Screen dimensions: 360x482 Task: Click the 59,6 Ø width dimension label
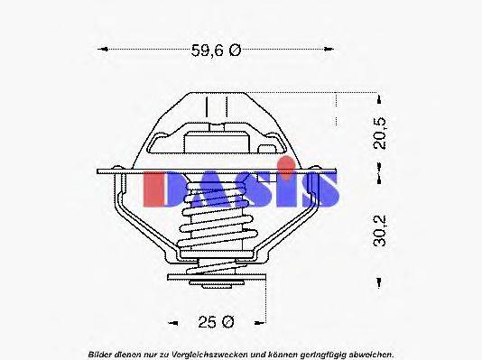215,51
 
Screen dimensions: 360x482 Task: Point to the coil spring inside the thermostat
216,230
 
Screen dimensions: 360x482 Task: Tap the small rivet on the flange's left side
116,168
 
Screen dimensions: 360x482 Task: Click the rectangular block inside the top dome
216,141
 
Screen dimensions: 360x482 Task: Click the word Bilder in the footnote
101,353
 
